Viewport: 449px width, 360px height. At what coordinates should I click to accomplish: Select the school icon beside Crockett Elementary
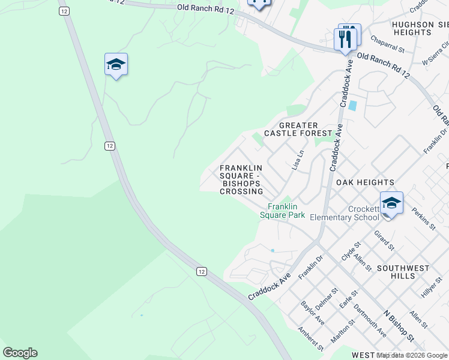click(391, 203)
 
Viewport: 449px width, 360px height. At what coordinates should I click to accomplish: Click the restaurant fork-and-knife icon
click(345, 39)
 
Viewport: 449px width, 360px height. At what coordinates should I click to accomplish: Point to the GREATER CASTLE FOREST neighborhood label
click(298, 129)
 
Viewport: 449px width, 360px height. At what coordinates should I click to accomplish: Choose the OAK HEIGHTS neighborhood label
click(365, 182)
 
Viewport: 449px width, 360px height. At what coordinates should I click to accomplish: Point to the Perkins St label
click(424, 218)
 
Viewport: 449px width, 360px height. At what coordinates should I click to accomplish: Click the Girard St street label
click(384, 240)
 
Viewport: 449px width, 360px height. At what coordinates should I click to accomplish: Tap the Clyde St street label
click(350, 251)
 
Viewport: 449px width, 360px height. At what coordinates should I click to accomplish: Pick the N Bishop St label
click(399, 326)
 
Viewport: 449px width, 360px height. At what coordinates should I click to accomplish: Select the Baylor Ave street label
click(313, 313)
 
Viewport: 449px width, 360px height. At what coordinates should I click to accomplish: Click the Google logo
click(20, 353)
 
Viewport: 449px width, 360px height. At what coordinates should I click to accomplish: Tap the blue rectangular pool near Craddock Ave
click(352, 106)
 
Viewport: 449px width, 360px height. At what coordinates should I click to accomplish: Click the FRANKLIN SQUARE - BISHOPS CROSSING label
click(241, 179)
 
